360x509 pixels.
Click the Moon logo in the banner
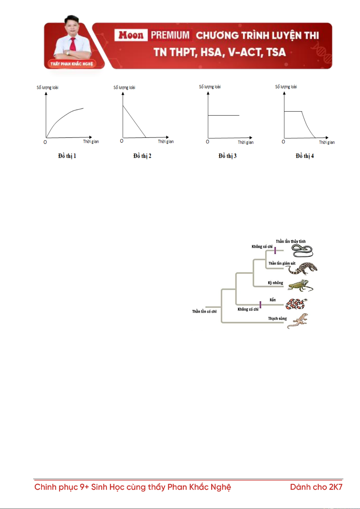[x=131, y=35]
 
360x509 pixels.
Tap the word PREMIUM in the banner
[x=170, y=35]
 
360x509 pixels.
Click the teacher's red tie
[x=73, y=44]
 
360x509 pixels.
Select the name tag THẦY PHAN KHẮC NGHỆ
[x=72, y=64]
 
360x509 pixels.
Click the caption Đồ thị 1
[x=67, y=156]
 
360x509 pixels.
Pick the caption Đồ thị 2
[x=142, y=156]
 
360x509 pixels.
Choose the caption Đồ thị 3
[x=227, y=156]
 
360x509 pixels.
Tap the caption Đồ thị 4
[x=304, y=156]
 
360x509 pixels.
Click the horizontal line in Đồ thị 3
[x=223, y=115]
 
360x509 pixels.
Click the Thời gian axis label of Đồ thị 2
[x=166, y=141]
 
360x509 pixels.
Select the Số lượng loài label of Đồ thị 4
[x=286, y=87]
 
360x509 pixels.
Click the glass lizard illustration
[x=302, y=251]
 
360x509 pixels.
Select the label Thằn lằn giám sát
[x=282, y=263]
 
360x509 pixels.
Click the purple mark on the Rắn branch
[x=260, y=304]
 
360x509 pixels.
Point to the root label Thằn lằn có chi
[x=204, y=311]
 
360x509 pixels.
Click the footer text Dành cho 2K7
[x=316, y=487]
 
